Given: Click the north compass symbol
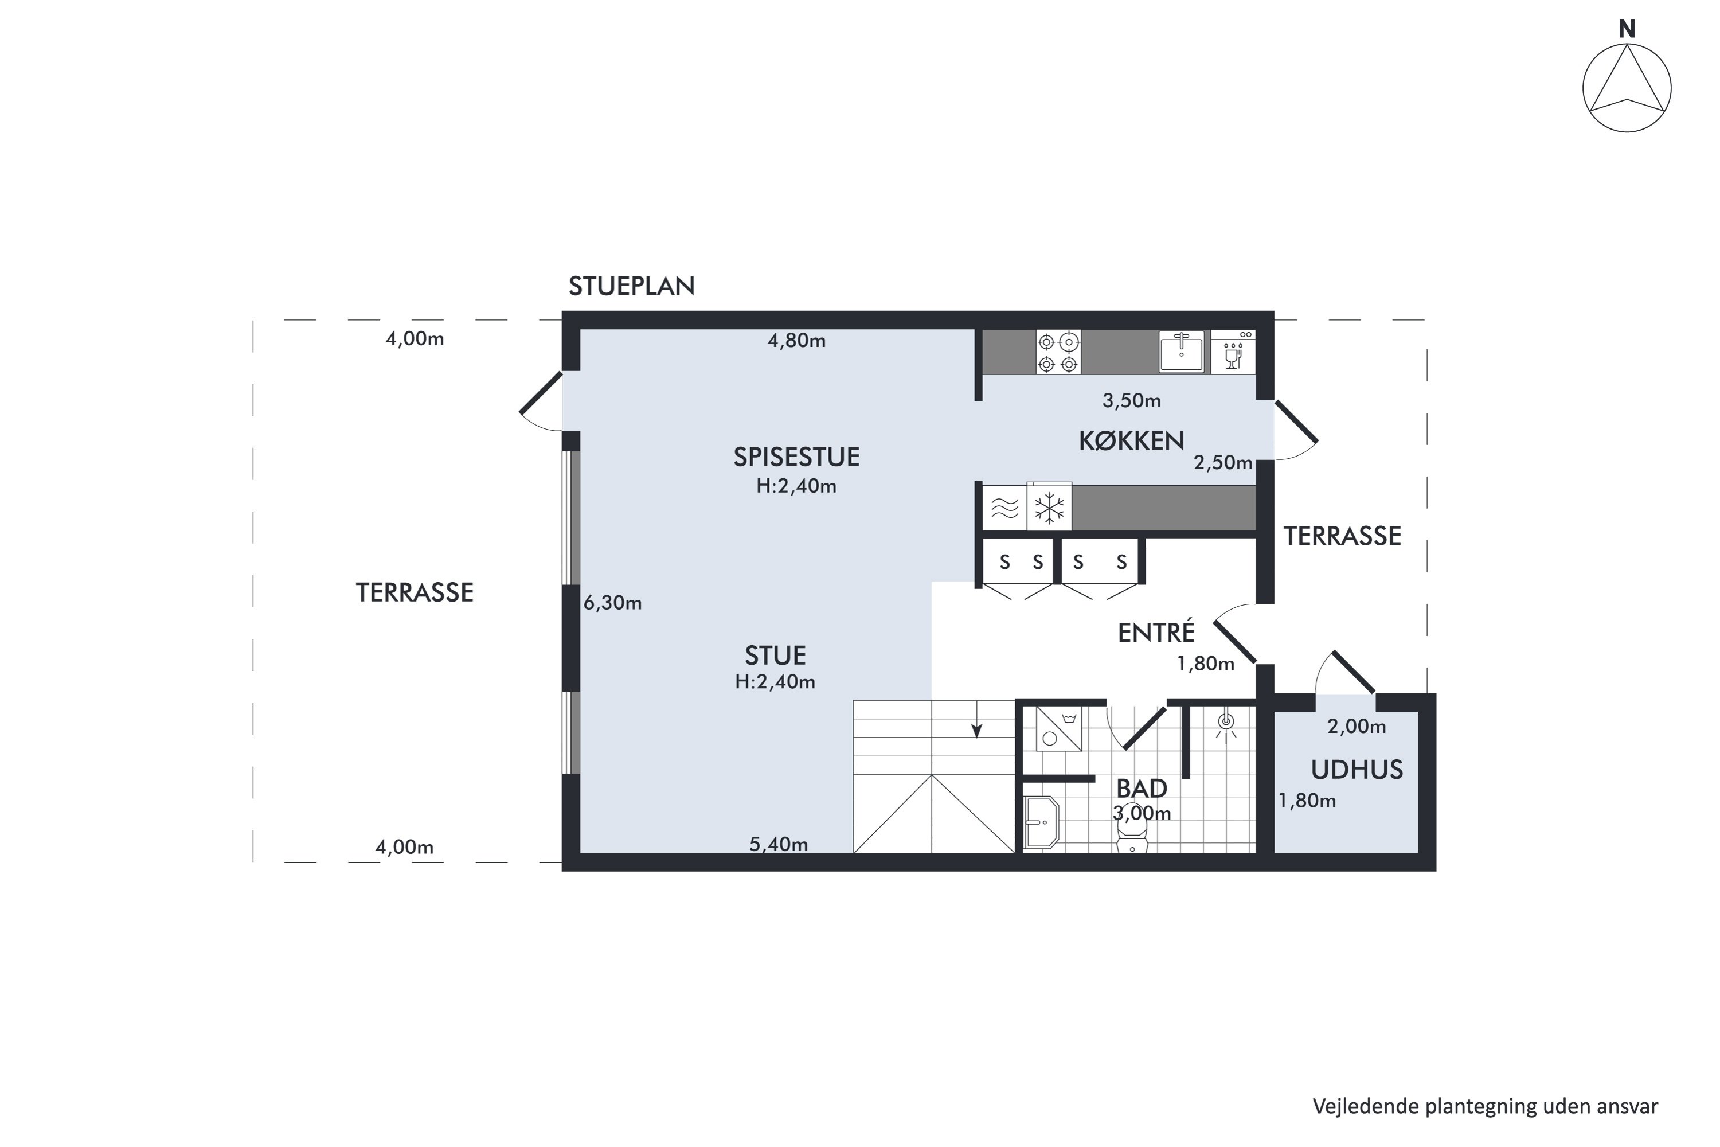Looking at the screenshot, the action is [1627, 88].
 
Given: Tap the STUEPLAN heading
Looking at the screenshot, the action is [632, 286].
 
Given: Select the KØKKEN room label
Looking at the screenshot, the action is [1131, 440].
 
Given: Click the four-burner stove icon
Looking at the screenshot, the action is [1058, 352].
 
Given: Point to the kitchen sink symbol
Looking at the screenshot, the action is [1181, 352].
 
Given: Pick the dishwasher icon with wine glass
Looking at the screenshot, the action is [1233, 352].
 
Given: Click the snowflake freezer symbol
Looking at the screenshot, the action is [1049, 508].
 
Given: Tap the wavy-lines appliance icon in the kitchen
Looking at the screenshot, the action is [1004, 508].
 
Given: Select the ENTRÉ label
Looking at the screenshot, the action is [1156, 632].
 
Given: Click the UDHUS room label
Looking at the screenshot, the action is [1357, 770].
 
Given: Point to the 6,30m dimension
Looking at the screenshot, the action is [613, 603].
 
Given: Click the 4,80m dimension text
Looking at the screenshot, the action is [796, 340].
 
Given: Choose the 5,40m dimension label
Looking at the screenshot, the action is [779, 844].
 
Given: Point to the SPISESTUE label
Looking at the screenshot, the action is [796, 457].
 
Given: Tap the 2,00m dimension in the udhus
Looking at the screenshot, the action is [1357, 727].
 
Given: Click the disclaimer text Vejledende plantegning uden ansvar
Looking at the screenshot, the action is [1486, 1107].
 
